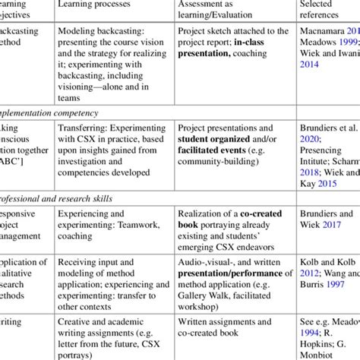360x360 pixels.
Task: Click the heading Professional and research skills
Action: click(x=62, y=198)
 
